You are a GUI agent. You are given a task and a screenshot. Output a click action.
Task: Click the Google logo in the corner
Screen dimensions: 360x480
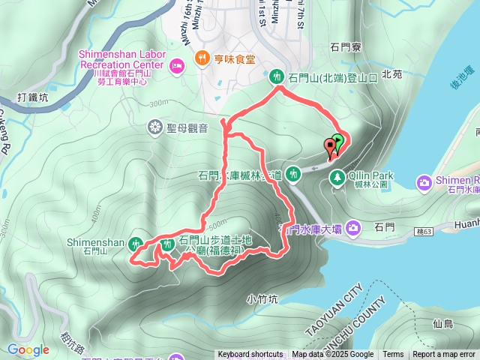[28, 349]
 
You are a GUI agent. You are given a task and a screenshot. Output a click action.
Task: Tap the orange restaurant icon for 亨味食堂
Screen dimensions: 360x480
[201, 58]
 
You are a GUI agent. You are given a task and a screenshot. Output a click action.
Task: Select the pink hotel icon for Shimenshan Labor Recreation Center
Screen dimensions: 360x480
[177, 66]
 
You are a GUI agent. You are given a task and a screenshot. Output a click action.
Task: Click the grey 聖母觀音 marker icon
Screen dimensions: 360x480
[155, 127]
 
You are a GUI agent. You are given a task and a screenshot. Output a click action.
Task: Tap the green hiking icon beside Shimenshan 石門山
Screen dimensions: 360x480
[136, 243]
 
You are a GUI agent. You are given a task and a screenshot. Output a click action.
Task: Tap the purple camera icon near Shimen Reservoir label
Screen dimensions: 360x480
[424, 182]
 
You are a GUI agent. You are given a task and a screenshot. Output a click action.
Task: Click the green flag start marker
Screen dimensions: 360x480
[337, 141]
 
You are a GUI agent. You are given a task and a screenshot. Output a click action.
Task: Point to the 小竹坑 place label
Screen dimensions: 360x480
[262, 298]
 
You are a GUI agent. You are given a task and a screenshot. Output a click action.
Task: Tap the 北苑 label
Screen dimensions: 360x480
[392, 74]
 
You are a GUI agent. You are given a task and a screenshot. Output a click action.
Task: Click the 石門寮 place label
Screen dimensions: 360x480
[346, 47]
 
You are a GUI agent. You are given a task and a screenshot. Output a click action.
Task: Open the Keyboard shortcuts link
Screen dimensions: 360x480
[250, 355]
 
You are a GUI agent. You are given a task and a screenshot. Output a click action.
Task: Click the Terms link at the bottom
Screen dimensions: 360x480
[393, 355]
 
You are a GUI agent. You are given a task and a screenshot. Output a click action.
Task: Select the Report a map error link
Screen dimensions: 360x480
[445, 355]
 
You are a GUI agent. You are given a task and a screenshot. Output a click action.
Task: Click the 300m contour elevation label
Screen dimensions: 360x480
[159, 103]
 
